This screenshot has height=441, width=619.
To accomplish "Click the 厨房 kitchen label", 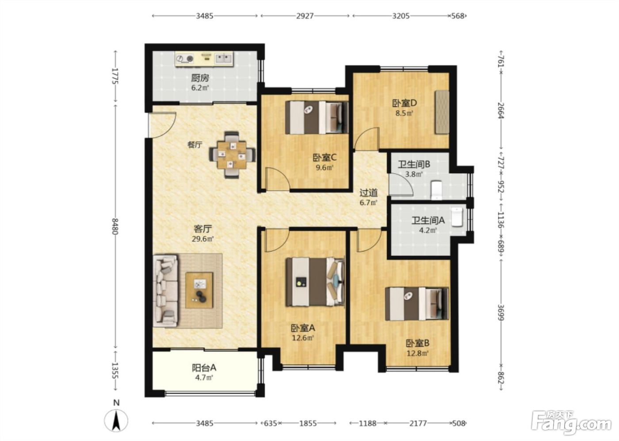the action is click(200, 78).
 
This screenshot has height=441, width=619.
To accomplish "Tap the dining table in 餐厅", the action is click(232, 155).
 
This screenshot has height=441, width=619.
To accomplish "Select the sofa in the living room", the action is click(165, 290).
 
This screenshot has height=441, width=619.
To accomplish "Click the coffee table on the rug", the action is click(199, 290).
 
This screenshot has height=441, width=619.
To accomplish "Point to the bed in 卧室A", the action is click(315, 282).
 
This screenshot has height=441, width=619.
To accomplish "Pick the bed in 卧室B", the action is click(416, 304).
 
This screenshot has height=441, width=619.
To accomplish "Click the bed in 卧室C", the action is click(317, 117).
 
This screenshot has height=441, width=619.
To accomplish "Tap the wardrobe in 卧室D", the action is click(442, 112).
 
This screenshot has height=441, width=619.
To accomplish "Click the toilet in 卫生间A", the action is click(456, 217).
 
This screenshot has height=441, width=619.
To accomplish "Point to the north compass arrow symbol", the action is click(116, 422).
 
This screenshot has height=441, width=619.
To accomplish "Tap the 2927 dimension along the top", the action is click(305, 16).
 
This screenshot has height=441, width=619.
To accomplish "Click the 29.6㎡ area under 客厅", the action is click(203, 239).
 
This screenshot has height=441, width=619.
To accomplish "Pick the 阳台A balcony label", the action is click(204, 367).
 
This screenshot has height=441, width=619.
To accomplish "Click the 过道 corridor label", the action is click(368, 192).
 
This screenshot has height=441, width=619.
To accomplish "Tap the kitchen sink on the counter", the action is click(224, 58).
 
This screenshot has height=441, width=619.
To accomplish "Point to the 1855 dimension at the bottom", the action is click(308, 423).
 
